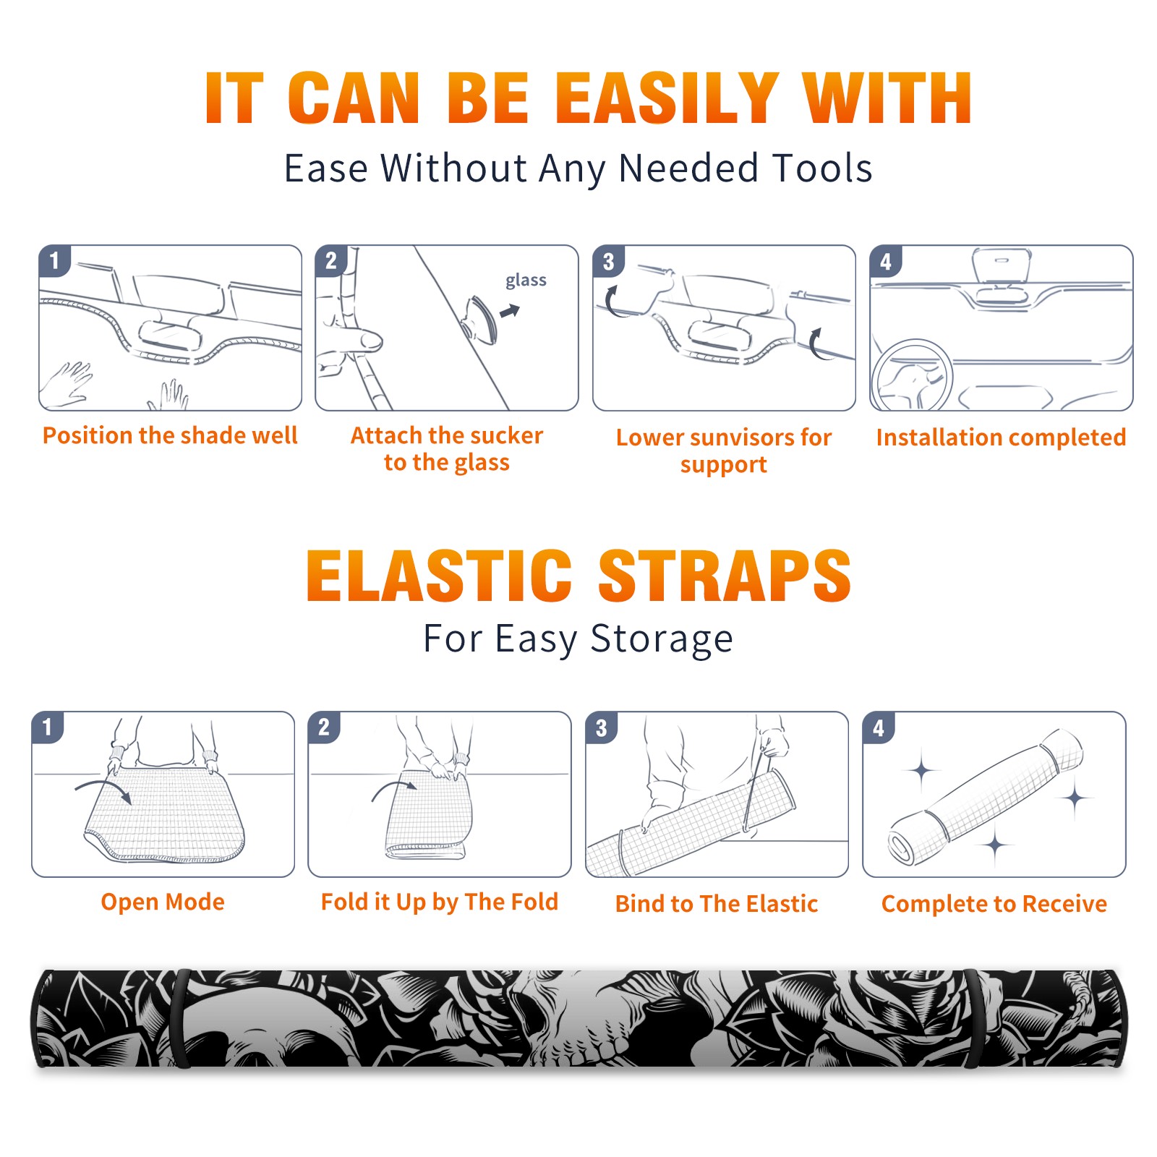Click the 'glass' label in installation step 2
click(x=526, y=281)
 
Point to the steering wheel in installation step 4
click(x=912, y=376)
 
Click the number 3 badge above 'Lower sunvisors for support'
click(x=608, y=262)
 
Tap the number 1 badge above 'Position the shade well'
click(x=54, y=260)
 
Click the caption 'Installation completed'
click(x=1001, y=437)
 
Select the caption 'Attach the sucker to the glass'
click(x=447, y=448)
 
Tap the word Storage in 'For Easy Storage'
click(x=662, y=639)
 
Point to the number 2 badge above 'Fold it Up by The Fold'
click(x=323, y=727)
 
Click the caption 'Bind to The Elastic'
click(x=717, y=903)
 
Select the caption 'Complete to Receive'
click(x=994, y=903)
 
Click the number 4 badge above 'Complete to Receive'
click(x=878, y=727)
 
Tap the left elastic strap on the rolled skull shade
click(x=181, y=1018)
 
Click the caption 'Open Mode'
click(x=163, y=902)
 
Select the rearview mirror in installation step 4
click(x=1002, y=266)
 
